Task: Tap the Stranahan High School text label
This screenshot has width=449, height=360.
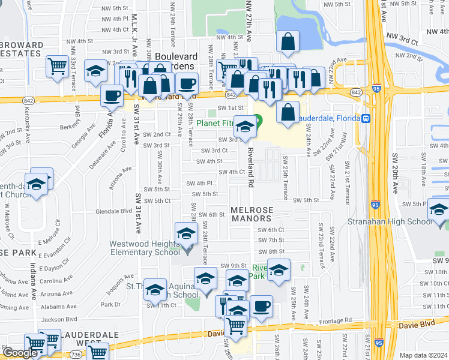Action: tap(390, 221)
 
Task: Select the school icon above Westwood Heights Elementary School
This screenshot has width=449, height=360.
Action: tap(186, 233)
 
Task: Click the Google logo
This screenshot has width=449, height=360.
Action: tap(20, 352)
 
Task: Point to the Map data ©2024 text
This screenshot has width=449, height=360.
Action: tap(423, 355)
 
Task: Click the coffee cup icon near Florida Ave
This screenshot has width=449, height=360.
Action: tap(112, 95)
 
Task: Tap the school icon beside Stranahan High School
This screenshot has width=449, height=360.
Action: tap(439, 211)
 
